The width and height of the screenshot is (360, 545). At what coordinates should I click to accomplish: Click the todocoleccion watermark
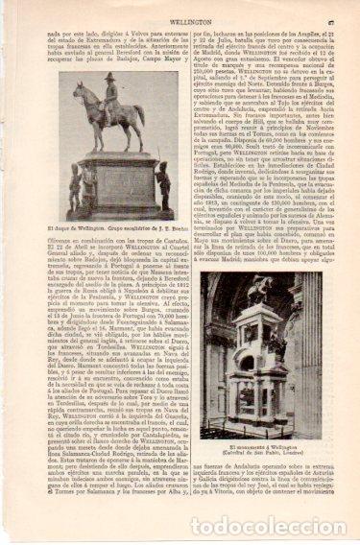click(269, 526)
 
